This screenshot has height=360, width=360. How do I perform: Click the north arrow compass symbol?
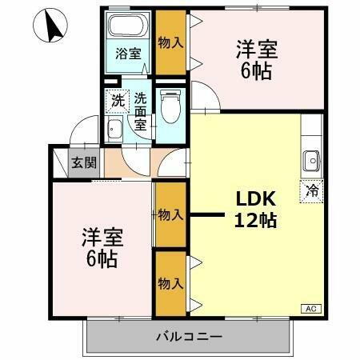coord(54,27)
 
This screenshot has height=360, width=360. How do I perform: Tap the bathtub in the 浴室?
coord(128,27)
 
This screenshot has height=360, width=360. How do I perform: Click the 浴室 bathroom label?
coord(128,54)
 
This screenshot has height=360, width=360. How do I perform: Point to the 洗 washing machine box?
coord(118,102)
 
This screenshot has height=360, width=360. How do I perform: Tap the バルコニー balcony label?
coord(189,336)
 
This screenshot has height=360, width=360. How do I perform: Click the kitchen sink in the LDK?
coord(311,161)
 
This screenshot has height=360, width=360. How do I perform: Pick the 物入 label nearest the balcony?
coord(169,284)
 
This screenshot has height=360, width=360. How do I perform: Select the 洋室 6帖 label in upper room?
coord(257,60)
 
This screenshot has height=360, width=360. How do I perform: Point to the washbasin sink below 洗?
coord(114,132)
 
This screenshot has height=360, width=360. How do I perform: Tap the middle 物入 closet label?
coord(170,214)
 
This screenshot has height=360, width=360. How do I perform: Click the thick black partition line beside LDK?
coord(206,214)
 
